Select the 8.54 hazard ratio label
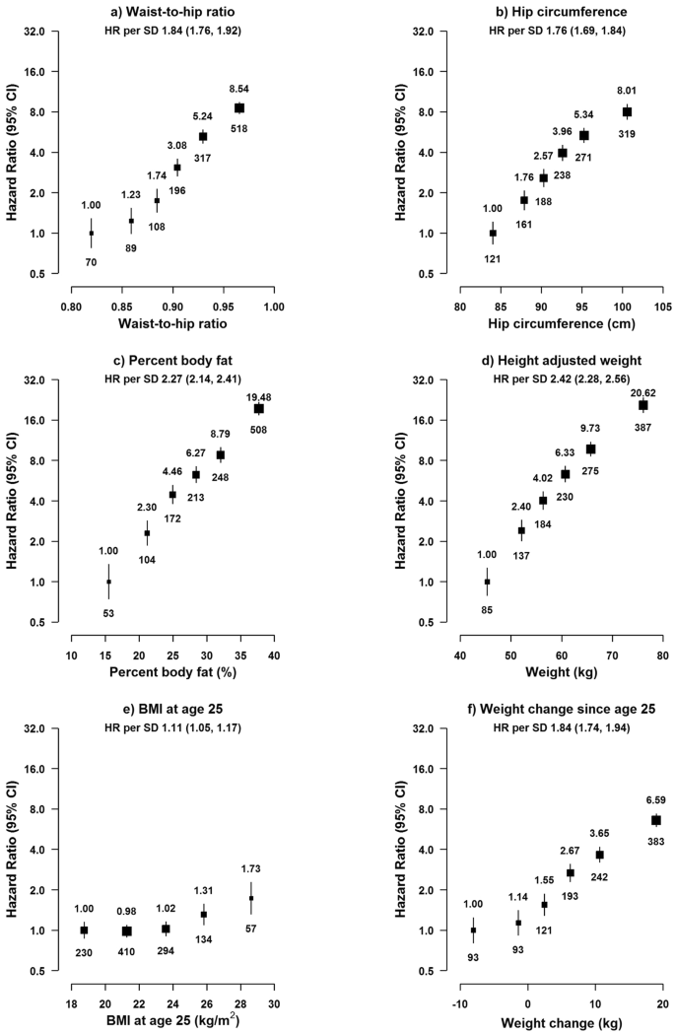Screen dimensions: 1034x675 coord(238,90)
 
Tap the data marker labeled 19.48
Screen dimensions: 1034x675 coord(259,408)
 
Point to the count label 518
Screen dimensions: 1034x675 coord(238,128)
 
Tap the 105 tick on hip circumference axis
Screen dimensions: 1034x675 coord(661,306)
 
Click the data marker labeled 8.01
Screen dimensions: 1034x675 coord(626,112)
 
